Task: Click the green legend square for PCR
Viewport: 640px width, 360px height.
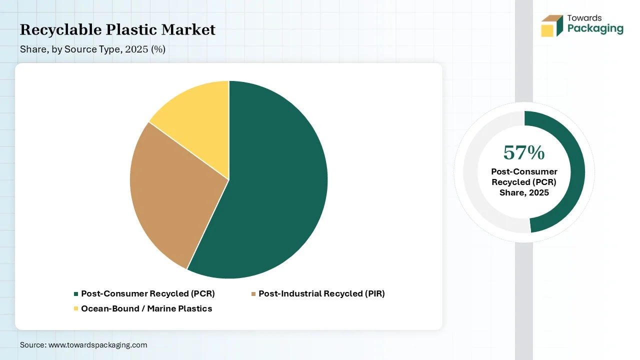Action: pos(76,294)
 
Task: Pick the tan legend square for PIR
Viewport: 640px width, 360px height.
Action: pos(253,294)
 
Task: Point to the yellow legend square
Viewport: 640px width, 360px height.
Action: pos(76,308)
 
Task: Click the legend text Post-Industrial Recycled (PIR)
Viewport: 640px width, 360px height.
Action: pos(321,293)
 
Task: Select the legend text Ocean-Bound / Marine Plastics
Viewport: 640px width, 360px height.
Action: pos(146,308)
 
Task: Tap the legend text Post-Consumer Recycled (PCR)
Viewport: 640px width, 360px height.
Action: pos(148,293)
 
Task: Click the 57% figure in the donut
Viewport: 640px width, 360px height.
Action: pos(524,153)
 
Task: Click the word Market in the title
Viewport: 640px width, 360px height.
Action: pos(188,29)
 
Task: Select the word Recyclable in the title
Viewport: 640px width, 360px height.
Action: pos(60,29)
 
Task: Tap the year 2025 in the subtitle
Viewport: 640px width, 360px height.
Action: pos(136,49)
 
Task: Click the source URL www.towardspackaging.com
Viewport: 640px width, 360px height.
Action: pos(97,345)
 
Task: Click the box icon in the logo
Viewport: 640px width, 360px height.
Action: pos(552,26)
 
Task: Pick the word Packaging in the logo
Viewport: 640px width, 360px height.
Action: pos(595,29)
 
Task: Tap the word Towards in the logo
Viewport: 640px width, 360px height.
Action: pos(584,18)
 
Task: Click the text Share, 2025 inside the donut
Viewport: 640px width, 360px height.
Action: pos(524,193)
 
